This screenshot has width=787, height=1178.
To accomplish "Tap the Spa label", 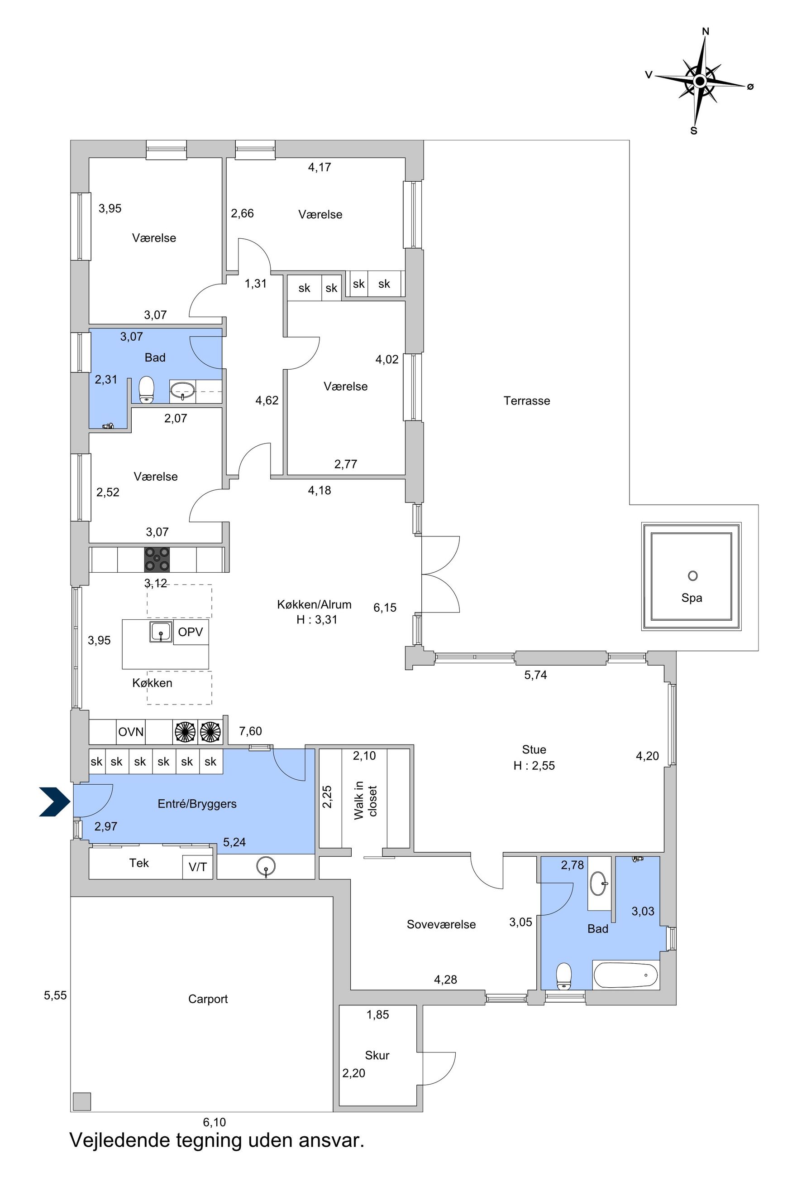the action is [692, 598].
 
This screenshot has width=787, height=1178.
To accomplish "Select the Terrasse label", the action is [526, 401].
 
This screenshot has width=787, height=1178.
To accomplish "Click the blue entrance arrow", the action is [55, 802].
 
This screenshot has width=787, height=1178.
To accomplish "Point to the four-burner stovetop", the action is [157, 559].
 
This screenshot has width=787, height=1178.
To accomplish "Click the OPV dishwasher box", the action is [191, 632].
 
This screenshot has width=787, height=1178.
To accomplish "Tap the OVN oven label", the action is [131, 732].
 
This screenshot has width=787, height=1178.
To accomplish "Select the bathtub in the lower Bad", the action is [626, 975].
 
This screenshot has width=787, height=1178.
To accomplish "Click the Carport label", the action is [208, 999].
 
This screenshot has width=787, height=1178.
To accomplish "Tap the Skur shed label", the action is [377, 1055].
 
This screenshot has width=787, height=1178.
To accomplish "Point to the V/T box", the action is [198, 867].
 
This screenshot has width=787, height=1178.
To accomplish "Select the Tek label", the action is [139, 863].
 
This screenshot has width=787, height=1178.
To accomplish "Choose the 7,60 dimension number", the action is [250, 731].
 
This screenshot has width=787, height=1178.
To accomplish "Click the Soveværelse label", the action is [441, 924].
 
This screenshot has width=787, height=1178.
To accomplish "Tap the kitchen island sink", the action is [161, 632].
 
